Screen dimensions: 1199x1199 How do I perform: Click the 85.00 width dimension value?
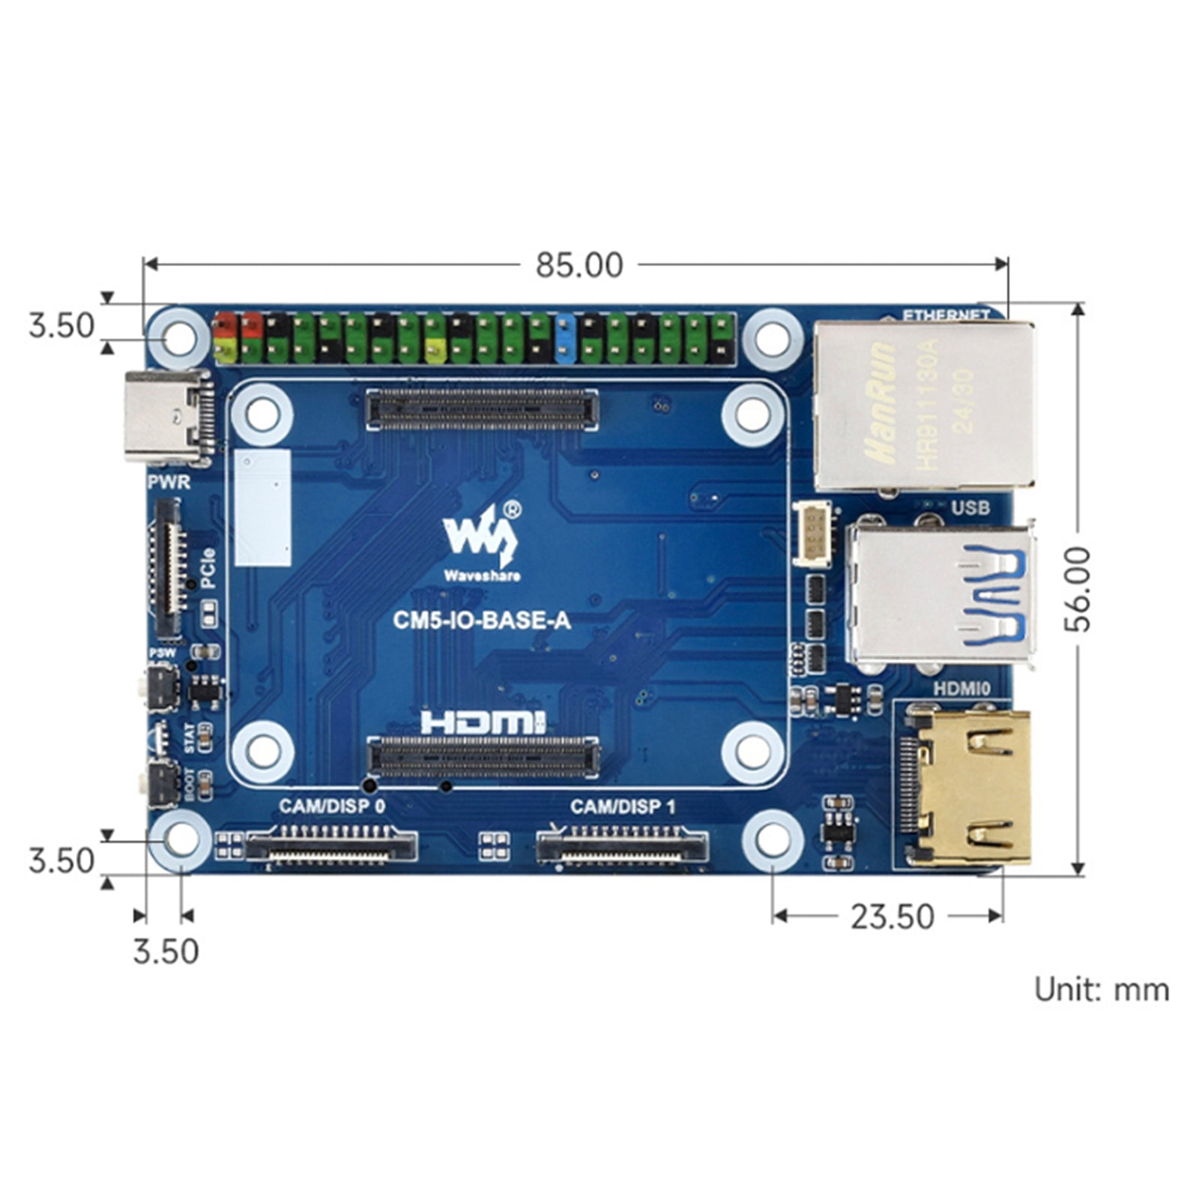tap(579, 265)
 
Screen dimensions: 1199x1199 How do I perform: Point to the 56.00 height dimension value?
tap(1079, 589)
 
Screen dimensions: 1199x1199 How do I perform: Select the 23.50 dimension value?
tap(892, 916)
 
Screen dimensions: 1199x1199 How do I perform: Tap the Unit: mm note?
tap(1101, 990)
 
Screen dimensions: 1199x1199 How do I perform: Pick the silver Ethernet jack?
tap(925, 405)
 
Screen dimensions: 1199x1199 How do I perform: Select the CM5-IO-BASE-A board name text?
tap(482, 620)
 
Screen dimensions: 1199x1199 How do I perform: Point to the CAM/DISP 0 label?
tap(332, 807)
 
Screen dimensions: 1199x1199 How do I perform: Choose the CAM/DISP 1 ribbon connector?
tap(621, 846)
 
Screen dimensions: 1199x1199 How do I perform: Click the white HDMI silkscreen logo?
tap(483, 722)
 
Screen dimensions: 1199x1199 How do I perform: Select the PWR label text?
tap(169, 482)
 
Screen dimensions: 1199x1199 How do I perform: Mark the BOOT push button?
tap(160, 783)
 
